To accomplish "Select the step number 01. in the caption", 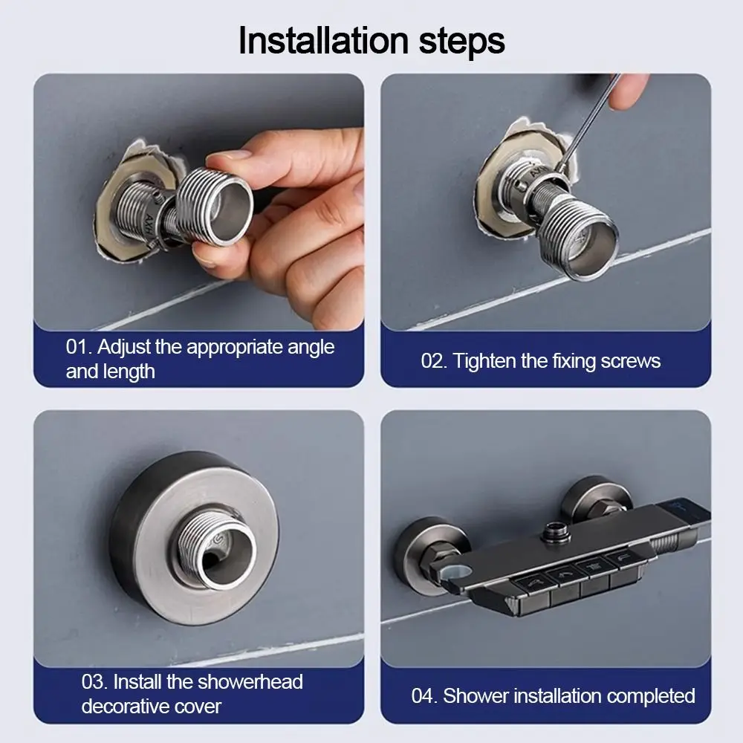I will (x=79, y=347).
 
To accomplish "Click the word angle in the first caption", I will (x=308, y=348).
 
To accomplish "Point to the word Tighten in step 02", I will (x=484, y=362).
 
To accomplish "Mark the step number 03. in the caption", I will (x=95, y=682).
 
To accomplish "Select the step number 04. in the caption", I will (x=424, y=696).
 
